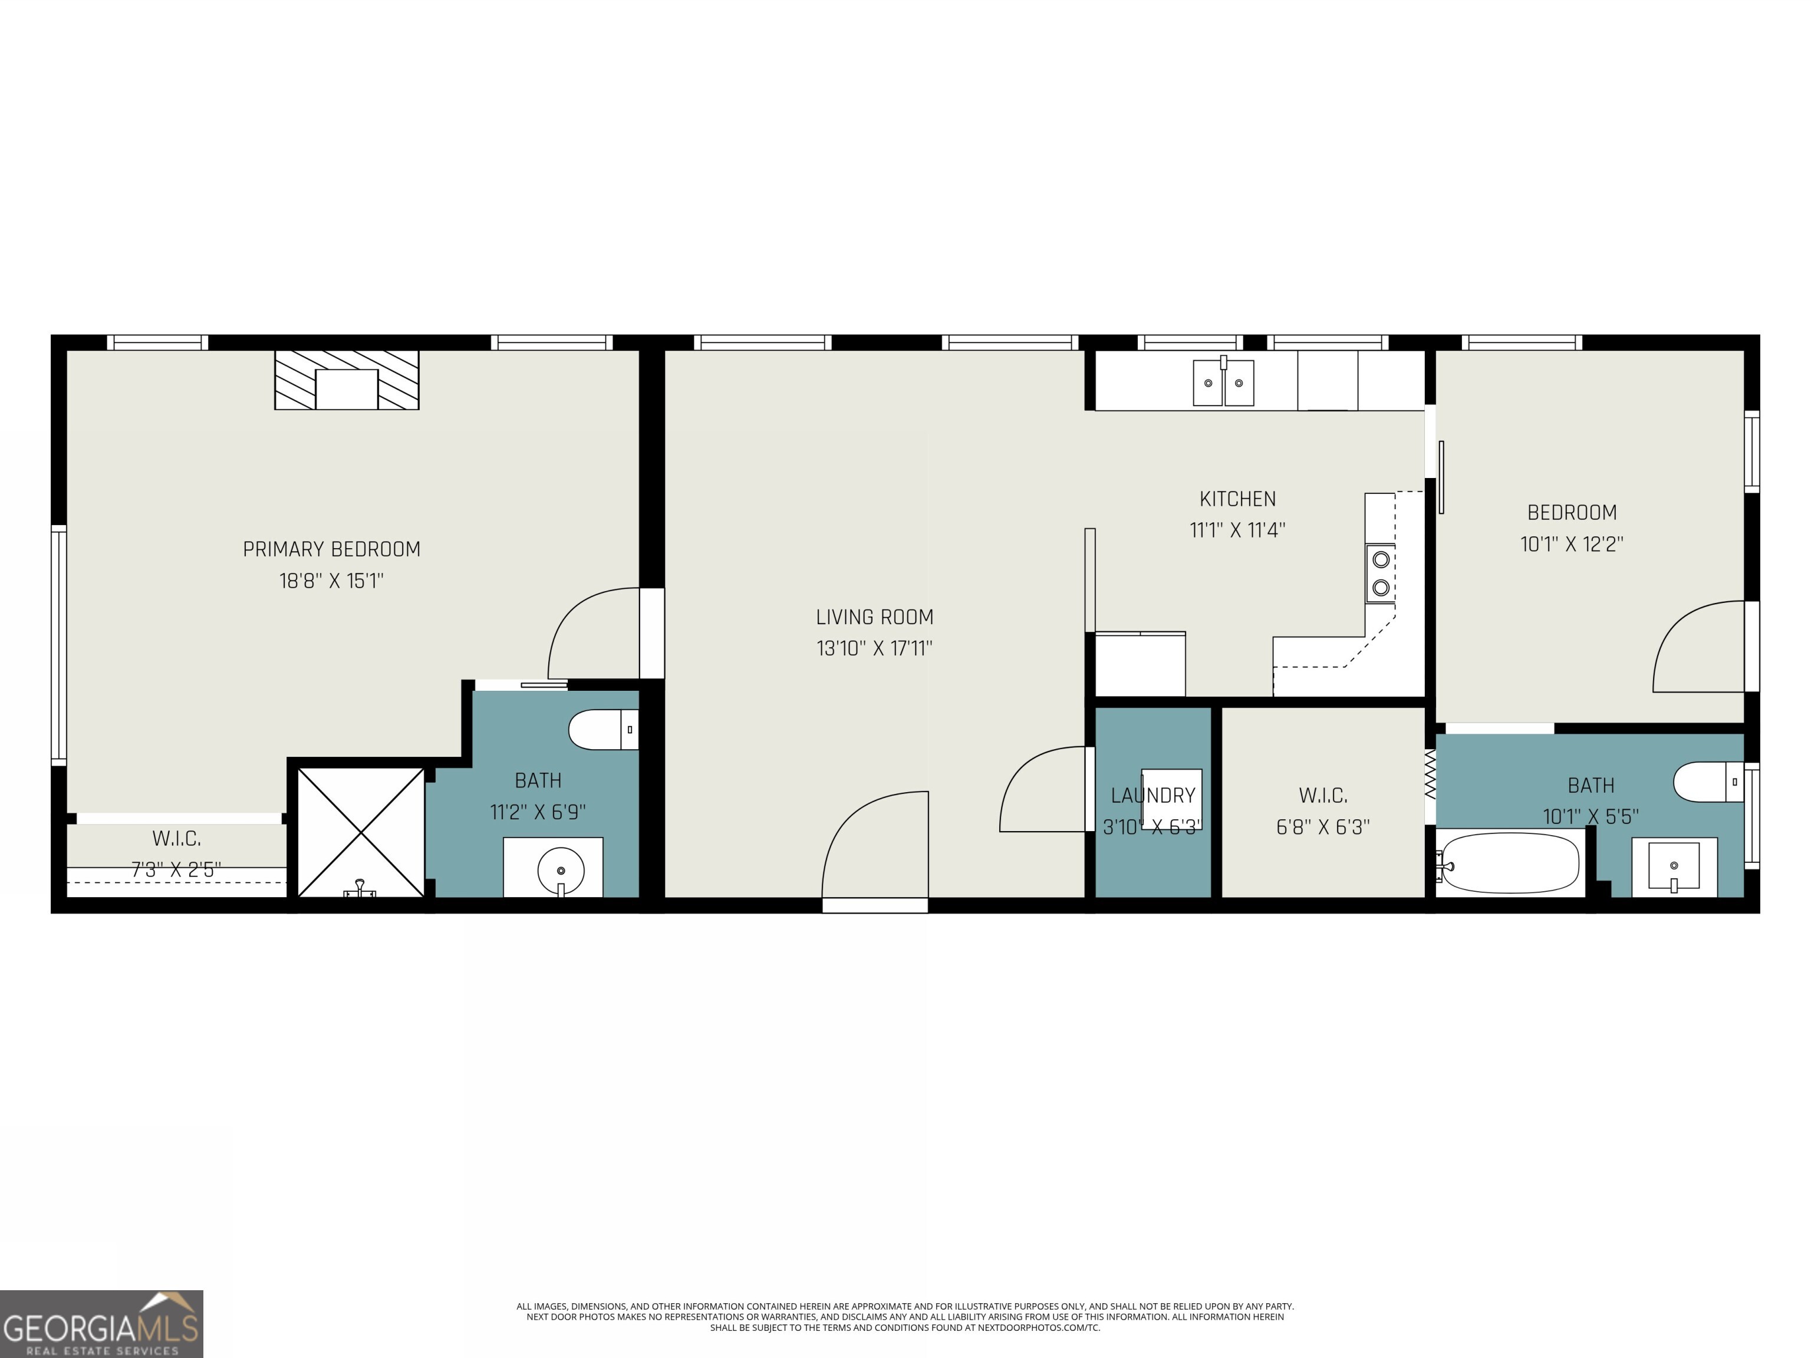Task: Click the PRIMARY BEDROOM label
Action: click(x=331, y=549)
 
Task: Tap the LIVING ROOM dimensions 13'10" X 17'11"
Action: click(x=874, y=648)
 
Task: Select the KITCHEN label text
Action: click(x=1237, y=499)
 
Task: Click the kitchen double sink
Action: click(x=1223, y=383)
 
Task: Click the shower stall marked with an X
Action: click(x=360, y=832)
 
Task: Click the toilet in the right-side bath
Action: click(x=1708, y=782)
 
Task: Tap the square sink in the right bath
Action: click(x=1674, y=866)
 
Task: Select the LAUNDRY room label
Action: click(x=1153, y=795)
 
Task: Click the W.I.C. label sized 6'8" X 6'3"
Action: click(x=1322, y=795)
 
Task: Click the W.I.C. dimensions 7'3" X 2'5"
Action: click(x=176, y=869)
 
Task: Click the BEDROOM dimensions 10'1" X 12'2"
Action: click(x=1572, y=545)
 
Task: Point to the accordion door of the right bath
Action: click(x=1430, y=775)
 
